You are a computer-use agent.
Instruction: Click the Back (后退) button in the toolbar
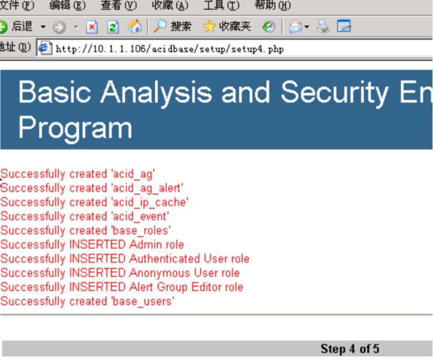coord(17,27)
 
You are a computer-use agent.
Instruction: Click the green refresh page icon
coord(113,27)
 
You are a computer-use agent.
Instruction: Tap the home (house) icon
coord(135,27)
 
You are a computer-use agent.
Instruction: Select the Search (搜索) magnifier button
coord(172,27)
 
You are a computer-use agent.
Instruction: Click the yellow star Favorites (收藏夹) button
coord(226,27)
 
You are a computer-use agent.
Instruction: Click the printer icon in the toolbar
coord(322,27)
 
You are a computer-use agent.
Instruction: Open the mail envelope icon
coord(296,27)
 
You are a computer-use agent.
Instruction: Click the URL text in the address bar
coord(169,49)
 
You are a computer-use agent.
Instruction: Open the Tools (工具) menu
coord(221,5)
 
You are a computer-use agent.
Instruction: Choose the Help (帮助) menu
coord(273,5)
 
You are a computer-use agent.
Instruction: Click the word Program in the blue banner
coord(75,127)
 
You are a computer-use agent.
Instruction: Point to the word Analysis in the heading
coord(156,92)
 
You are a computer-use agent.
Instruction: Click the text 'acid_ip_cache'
coord(150,202)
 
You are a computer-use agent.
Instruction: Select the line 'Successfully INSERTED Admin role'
coord(92,245)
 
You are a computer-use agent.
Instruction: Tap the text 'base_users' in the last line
coord(143,301)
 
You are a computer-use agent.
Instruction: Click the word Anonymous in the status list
coord(159,273)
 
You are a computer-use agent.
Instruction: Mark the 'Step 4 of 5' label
coord(350,348)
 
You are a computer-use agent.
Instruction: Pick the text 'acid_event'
coord(140,216)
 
